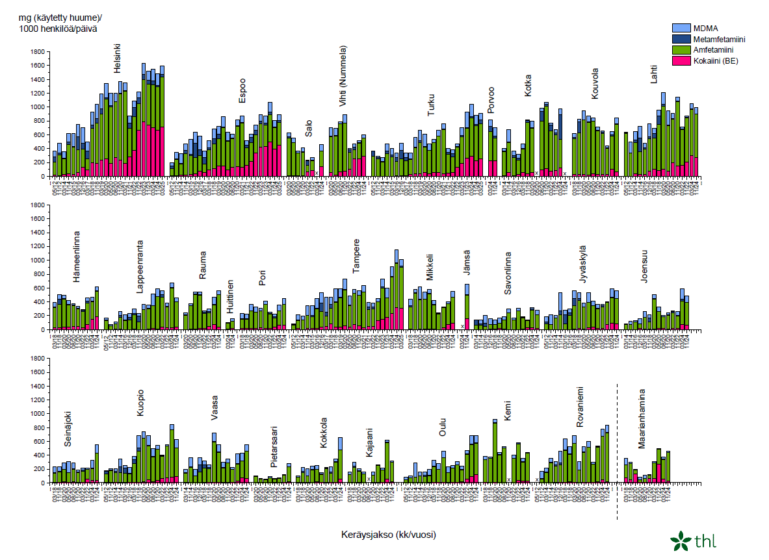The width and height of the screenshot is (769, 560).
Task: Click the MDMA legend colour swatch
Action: (680, 28)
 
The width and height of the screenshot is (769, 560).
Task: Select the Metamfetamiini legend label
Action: (718, 39)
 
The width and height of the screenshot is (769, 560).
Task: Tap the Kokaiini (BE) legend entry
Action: (716, 61)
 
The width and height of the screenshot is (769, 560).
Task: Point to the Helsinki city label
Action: (118, 58)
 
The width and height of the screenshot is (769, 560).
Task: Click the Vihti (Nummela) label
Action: (343, 76)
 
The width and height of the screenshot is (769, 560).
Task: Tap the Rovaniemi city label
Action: (580, 407)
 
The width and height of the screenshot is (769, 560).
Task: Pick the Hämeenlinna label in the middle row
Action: (77, 256)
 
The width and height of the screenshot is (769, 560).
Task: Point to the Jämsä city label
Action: (467, 262)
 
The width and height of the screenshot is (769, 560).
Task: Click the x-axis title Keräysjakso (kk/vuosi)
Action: (388, 535)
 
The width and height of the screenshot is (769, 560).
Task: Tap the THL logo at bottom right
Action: (694, 540)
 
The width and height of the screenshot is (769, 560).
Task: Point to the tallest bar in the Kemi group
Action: (495, 452)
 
